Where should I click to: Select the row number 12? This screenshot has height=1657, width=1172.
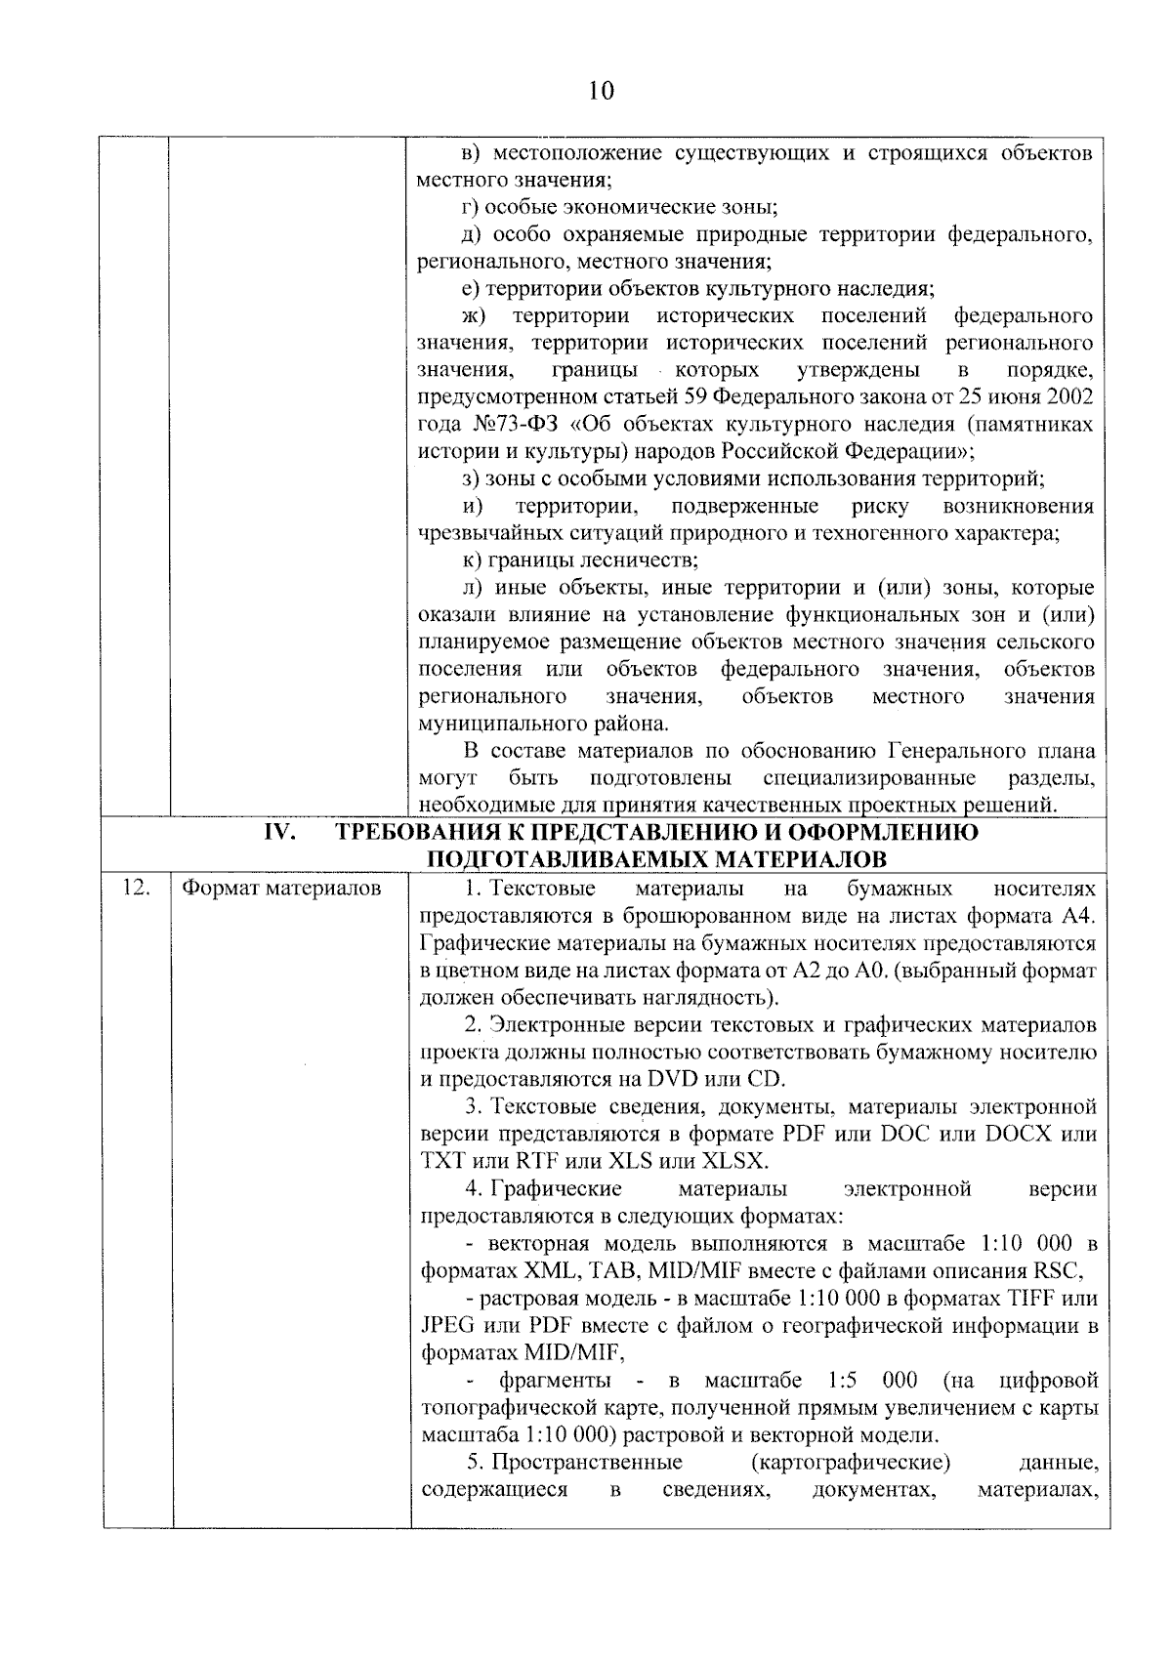136,888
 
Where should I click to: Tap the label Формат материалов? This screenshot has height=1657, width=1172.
282,889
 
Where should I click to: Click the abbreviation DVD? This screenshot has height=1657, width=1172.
667,1080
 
